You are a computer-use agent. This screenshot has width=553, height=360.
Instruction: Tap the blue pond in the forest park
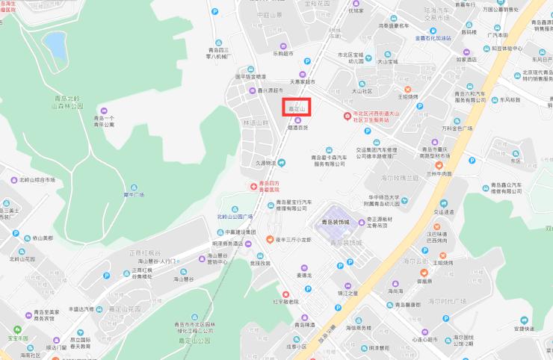[54, 44]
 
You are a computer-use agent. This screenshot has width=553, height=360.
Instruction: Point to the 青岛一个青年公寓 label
[104, 121]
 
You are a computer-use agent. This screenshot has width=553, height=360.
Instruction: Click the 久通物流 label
[267, 162]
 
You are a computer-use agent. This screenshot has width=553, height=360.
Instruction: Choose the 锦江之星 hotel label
[347, 293]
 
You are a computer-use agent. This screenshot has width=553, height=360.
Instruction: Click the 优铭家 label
[355, 11]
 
